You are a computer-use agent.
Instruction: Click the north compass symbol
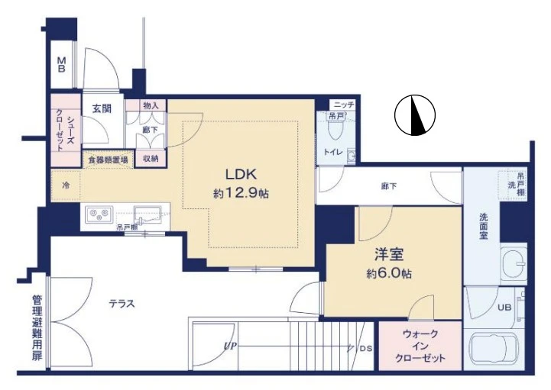coord(415,116)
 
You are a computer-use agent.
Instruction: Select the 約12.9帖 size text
coord(240,194)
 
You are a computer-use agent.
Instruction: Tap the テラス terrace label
coord(121,303)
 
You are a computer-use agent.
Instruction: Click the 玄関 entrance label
coord(102,108)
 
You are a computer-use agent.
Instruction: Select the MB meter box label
coord(60,64)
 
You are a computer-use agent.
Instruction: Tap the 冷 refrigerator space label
coord(66,185)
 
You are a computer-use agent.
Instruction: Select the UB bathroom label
coord(504,308)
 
